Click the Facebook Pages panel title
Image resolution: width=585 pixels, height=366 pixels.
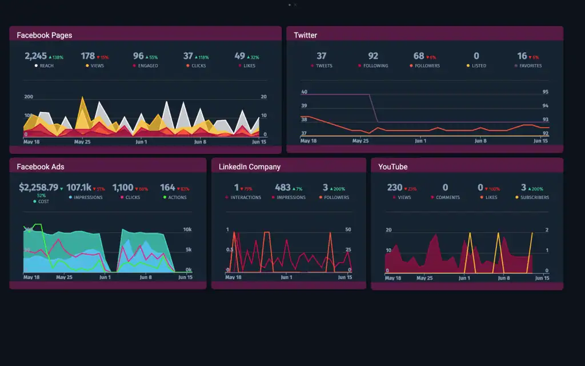(x=45, y=35)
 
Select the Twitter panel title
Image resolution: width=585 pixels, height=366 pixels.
(x=305, y=35)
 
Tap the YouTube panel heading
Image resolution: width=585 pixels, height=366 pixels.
(x=393, y=167)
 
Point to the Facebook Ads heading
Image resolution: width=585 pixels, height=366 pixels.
(x=41, y=167)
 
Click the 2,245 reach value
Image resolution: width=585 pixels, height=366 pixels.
(x=35, y=56)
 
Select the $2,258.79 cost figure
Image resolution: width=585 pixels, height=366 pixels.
(x=38, y=188)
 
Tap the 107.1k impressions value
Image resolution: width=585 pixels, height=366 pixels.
(x=78, y=188)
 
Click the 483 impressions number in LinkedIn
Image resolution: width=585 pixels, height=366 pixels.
(x=283, y=188)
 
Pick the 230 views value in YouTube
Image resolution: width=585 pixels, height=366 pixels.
(x=395, y=188)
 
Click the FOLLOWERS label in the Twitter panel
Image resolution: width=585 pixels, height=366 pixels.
(x=427, y=66)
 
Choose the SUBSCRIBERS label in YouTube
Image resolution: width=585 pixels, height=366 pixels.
(x=535, y=197)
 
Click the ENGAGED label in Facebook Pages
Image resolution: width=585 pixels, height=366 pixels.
(x=147, y=66)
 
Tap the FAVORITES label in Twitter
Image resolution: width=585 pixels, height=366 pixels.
(x=530, y=66)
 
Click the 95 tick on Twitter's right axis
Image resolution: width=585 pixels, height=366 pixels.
(x=545, y=92)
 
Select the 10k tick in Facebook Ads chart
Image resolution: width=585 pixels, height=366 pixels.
(x=187, y=230)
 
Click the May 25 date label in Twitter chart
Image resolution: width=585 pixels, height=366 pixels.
(x=360, y=141)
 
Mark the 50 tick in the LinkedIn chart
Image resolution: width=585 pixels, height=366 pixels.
(x=348, y=230)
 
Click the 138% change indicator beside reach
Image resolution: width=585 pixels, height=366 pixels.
(x=56, y=57)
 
